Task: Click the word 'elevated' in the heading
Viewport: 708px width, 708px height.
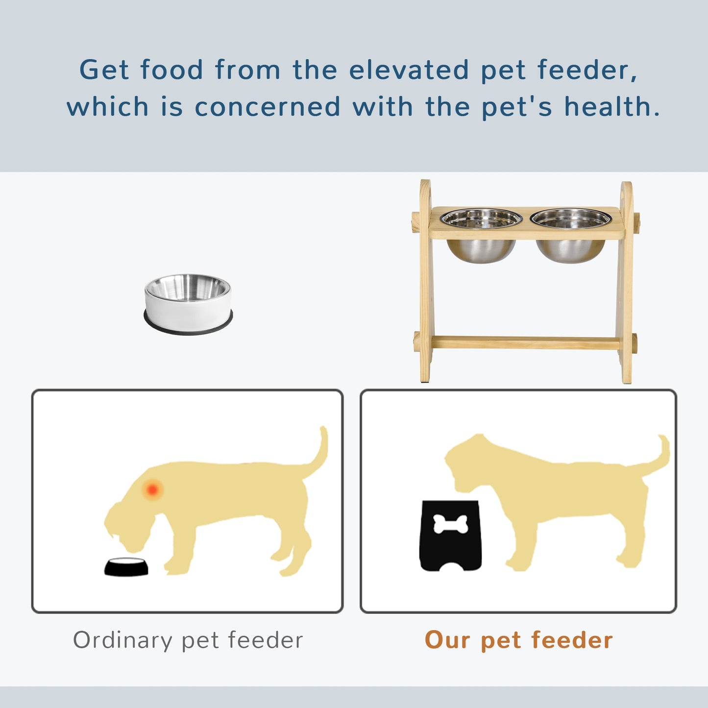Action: coord(409,70)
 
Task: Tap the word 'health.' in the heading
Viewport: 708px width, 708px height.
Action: coord(612,107)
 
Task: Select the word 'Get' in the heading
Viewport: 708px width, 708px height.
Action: coord(104,70)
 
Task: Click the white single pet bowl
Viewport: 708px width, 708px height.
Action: coord(188,301)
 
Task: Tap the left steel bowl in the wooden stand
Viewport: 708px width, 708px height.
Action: coord(481,235)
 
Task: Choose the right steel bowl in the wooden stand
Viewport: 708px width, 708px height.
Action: coord(571,235)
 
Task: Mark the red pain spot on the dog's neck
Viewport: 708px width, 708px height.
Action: coord(152,489)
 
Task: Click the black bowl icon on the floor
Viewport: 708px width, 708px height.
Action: coord(126,567)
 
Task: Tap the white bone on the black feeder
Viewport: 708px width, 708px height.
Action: coord(450,524)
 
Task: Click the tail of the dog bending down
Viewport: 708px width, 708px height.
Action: coord(318,456)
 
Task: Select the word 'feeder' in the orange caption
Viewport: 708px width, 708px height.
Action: coord(572,640)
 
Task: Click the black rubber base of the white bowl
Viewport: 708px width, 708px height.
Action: coord(188,327)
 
